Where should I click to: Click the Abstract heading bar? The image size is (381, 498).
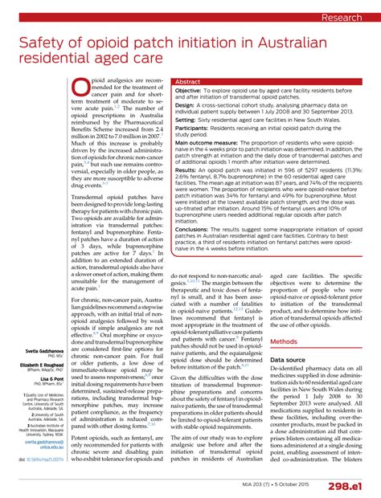[x=188, y=82]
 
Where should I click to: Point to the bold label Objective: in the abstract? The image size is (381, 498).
[x=193, y=92]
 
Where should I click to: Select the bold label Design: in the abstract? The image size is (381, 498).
[x=187, y=104]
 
